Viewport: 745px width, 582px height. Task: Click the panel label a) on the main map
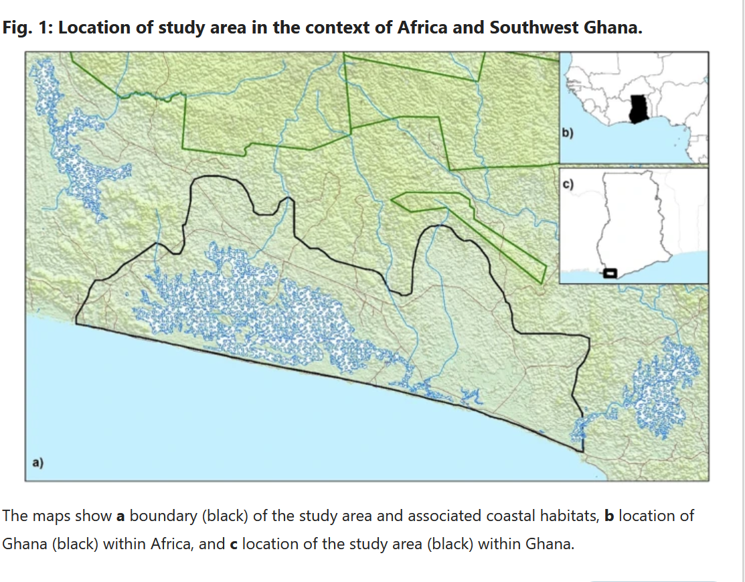[x=37, y=462]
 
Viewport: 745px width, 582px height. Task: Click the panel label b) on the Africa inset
[x=567, y=134]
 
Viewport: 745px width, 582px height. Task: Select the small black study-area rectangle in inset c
[x=609, y=272]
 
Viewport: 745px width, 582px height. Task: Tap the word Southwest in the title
[x=528, y=28]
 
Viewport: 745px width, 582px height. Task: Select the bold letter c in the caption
[x=234, y=544]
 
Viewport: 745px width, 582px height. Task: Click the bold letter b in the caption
[x=609, y=516]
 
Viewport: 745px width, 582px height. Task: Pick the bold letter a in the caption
[x=120, y=516]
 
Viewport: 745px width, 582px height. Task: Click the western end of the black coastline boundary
[x=76, y=323]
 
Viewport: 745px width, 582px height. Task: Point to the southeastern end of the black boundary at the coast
[x=582, y=451]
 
